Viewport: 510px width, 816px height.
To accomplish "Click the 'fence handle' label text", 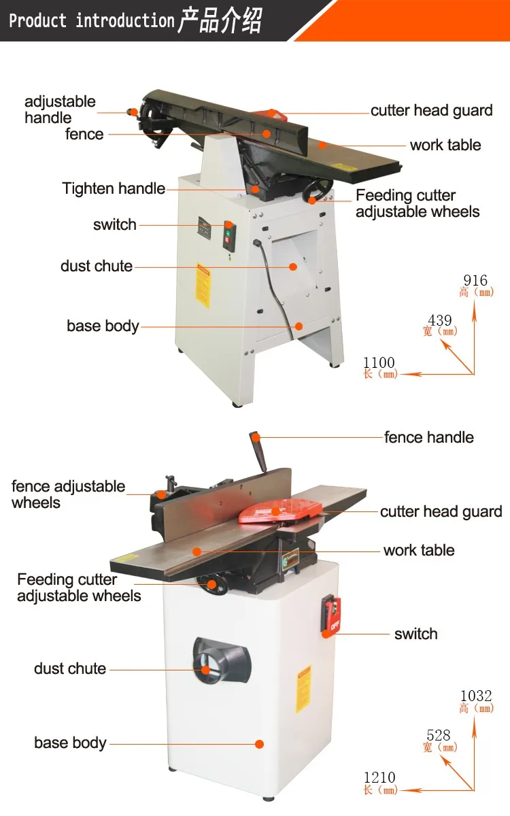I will (428, 437).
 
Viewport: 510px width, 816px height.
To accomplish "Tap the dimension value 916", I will (475, 280).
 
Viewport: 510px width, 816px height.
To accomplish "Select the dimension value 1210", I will (379, 777).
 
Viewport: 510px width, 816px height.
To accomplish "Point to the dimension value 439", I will (440, 320).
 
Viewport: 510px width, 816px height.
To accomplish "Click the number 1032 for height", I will (476, 696).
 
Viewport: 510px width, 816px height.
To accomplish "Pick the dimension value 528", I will (439, 735).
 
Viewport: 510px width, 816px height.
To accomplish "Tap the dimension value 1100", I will (379, 362).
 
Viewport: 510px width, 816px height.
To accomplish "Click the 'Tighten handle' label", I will (114, 188).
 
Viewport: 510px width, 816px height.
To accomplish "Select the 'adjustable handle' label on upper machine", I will (60, 109).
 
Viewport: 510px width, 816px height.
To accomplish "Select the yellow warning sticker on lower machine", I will (303, 688).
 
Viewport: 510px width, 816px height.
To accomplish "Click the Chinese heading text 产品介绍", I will (219, 20).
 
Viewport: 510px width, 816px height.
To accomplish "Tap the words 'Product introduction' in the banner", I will (92, 20).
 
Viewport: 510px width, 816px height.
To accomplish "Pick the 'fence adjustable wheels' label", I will (68, 494).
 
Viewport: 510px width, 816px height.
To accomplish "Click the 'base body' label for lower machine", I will (70, 742).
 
